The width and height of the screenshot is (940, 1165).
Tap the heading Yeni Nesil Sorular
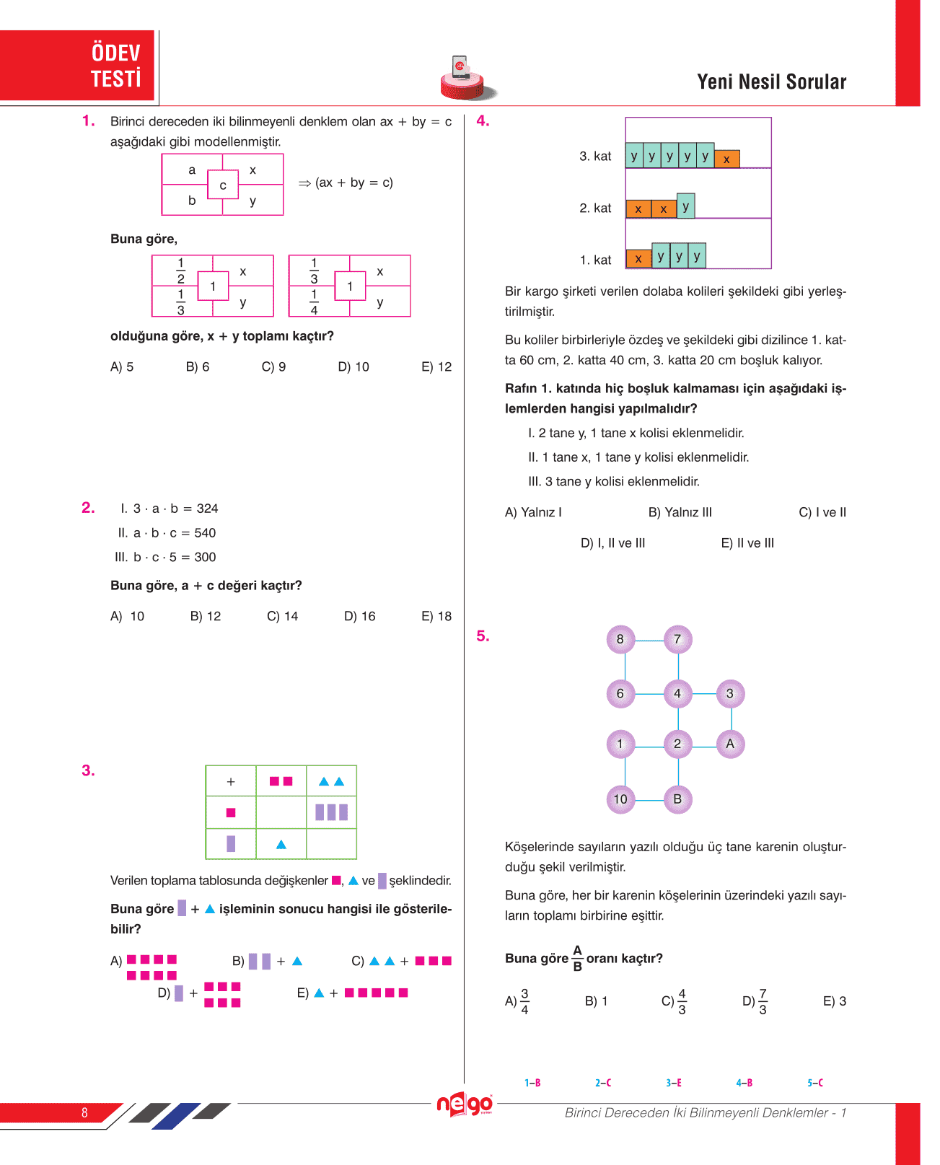tap(771, 82)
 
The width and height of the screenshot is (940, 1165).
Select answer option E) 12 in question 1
tap(436, 366)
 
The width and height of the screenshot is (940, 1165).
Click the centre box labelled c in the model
tap(223, 185)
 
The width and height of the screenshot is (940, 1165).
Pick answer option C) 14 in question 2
tap(282, 616)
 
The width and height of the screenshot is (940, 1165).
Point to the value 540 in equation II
tap(205, 533)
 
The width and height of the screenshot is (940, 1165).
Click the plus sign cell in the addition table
tap(231, 781)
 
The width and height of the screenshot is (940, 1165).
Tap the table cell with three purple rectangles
tap(331, 812)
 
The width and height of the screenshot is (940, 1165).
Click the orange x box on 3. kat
tap(726, 159)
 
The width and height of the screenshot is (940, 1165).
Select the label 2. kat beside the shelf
tap(595, 208)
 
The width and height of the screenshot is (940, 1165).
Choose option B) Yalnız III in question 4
tap(680, 512)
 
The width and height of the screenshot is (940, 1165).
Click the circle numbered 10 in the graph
tap(620, 799)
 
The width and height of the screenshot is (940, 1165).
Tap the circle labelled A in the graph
tap(730, 744)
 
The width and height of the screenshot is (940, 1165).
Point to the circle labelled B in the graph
tap(677, 799)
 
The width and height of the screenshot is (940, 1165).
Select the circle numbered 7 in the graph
tap(677, 639)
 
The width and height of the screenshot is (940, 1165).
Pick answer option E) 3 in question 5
tap(835, 1001)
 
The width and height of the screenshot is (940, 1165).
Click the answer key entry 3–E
tap(674, 1083)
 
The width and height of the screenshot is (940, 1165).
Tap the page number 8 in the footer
tap(84, 1112)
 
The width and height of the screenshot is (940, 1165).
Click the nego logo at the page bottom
tap(465, 1104)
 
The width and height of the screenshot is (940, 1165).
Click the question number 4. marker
tap(483, 121)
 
